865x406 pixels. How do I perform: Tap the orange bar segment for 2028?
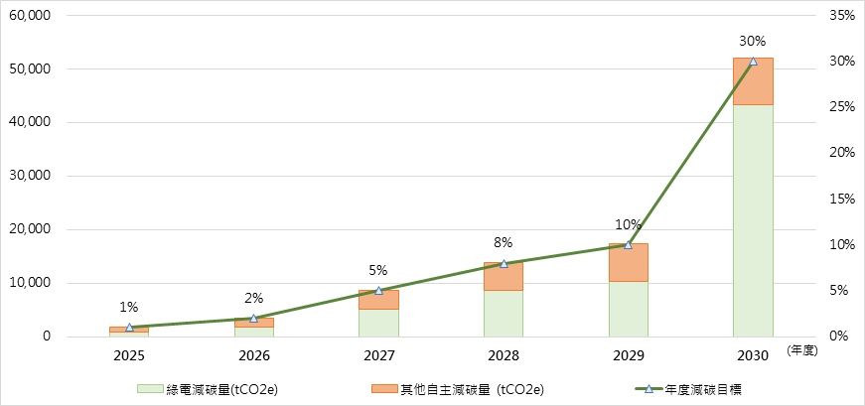pos(504,277)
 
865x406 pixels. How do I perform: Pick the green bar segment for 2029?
pos(628,309)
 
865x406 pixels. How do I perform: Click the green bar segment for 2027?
pos(378,323)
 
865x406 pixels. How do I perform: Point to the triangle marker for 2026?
pos(253,319)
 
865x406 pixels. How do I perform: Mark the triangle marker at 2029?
pos(628,245)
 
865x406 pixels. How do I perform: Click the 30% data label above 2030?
pos(753,42)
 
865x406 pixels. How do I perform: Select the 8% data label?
pos(504,242)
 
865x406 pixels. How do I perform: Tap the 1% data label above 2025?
pos(129,308)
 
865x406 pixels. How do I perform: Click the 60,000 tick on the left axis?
pos(31,16)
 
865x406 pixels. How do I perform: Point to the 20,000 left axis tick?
pos(31,229)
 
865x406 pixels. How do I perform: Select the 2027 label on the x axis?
pos(378,354)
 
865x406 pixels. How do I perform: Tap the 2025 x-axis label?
pos(129,354)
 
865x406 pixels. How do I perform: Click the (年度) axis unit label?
pos(800,351)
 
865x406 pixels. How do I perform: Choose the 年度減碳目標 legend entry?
pos(694,388)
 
